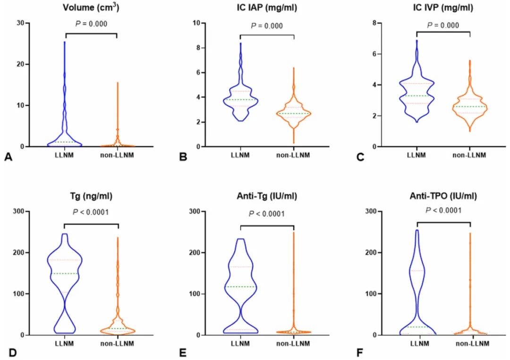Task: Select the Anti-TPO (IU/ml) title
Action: click(444, 196)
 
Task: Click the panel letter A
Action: click(8, 157)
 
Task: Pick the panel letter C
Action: click(361, 157)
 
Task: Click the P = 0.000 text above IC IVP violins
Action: click(444, 25)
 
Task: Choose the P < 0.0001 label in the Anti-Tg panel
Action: click(267, 214)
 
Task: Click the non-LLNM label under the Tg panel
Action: click(117, 343)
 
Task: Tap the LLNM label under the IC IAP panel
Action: click(240, 155)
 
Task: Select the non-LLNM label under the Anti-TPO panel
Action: click(470, 343)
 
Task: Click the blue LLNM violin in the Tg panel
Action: click(64, 274)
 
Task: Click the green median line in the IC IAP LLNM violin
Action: click(240, 100)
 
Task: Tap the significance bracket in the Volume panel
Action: click(90, 34)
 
